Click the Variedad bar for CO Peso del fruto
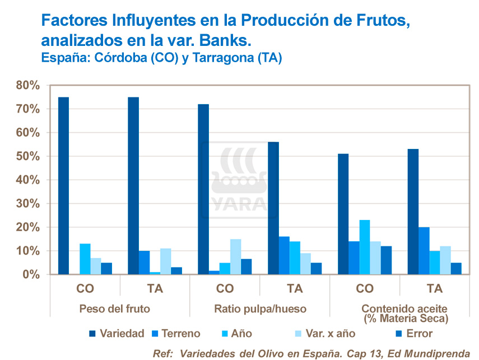point(63,186)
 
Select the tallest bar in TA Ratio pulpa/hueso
point(273,208)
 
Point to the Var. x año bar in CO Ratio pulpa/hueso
point(236,257)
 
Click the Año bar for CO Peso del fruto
point(85,259)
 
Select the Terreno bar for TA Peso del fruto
point(144,263)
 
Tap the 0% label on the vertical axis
point(30,275)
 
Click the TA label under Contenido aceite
point(434,289)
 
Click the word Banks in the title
point(224,40)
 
